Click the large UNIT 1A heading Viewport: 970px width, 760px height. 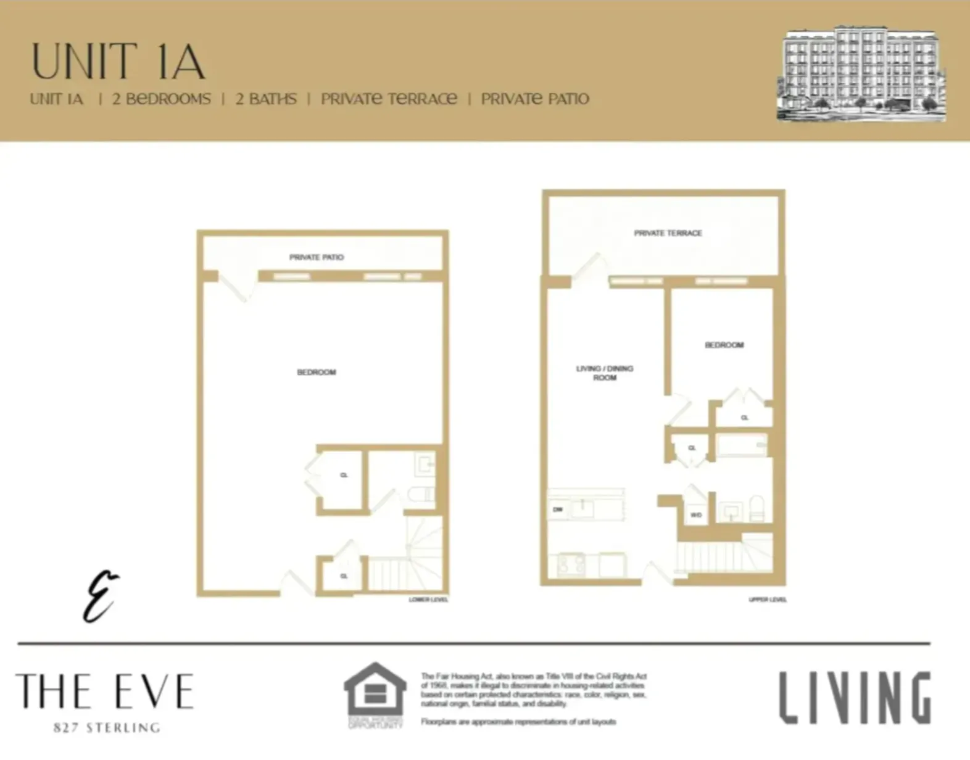pos(118,62)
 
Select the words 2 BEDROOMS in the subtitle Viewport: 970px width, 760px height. pos(161,99)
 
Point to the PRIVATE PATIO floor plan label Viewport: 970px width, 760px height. pos(317,257)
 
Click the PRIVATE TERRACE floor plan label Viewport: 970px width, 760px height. pos(668,233)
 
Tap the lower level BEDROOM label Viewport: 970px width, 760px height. pos(317,372)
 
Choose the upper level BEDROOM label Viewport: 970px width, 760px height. pos(724,345)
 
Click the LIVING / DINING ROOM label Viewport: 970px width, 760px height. pos(605,373)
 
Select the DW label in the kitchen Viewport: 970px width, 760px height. pos(558,510)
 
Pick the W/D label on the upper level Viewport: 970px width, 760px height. pos(696,514)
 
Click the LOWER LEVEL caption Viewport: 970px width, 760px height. pos(428,600)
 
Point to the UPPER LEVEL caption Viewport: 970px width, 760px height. pos(768,600)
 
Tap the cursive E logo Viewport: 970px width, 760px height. pos(101,596)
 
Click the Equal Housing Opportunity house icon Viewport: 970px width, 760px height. pos(375,691)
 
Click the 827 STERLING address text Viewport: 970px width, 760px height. pos(107,728)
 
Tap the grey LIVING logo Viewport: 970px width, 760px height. pos(855,698)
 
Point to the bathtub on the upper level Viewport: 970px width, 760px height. pos(742,445)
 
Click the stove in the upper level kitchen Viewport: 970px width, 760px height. pos(571,564)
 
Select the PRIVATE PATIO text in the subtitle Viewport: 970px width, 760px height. pos(535,99)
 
